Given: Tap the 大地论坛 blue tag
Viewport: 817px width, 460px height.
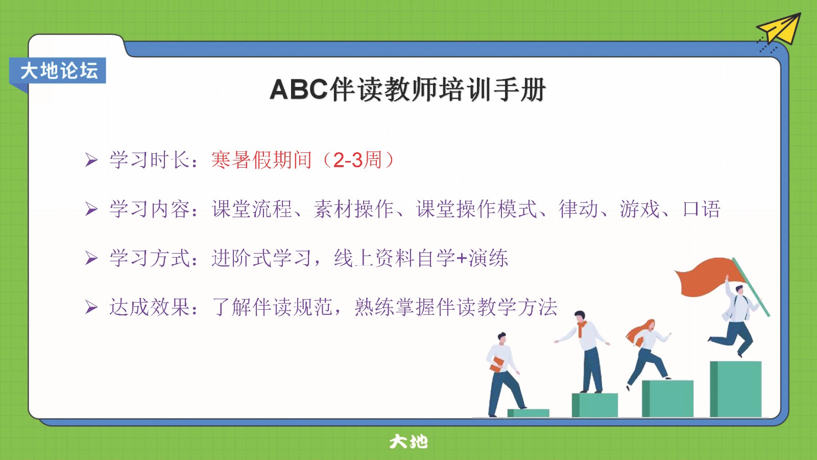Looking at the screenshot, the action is (58, 71).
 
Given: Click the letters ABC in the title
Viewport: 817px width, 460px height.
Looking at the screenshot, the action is (299, 90).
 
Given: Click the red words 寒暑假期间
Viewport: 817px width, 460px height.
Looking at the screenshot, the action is (261, 160).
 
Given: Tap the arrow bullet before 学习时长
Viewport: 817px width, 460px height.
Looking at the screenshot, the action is (91, 160).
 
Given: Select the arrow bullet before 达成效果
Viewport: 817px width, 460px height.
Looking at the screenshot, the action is (91, 307).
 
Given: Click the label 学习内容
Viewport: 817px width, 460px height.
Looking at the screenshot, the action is (150, 209).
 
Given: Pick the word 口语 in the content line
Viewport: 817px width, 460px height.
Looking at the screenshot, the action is (702, 209).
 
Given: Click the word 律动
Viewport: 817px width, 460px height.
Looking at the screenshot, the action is (579, 209).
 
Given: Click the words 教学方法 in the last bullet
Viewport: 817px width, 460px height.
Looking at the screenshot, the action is (517, 307).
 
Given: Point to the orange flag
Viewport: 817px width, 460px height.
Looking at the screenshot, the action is (706, 277).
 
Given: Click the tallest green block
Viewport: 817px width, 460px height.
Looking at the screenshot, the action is (736, 389).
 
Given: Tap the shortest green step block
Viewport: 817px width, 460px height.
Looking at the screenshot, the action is (528, 413).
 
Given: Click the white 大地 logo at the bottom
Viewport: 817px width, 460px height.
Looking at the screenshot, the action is (408, 442).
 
